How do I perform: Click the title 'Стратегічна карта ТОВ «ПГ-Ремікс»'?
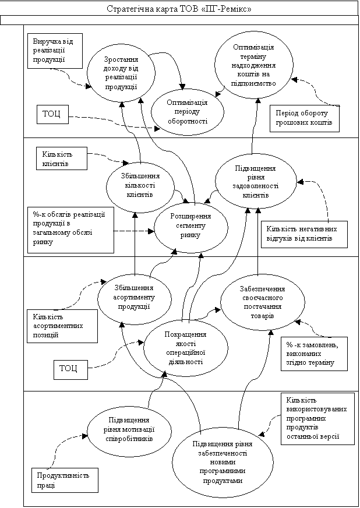tap(181, 10)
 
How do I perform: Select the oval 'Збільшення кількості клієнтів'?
tap(140, 185)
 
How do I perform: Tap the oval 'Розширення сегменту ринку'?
tap(190, 225)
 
